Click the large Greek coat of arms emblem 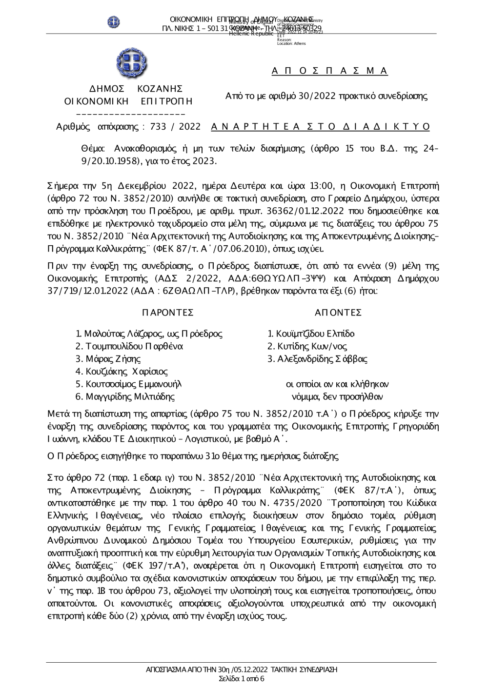129,63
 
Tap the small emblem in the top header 114,21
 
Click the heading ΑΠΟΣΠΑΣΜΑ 329,71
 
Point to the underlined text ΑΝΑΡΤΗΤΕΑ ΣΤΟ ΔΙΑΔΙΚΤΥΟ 321,127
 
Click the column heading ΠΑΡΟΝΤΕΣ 168,312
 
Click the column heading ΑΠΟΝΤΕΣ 338,312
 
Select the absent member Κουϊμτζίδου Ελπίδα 315,334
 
